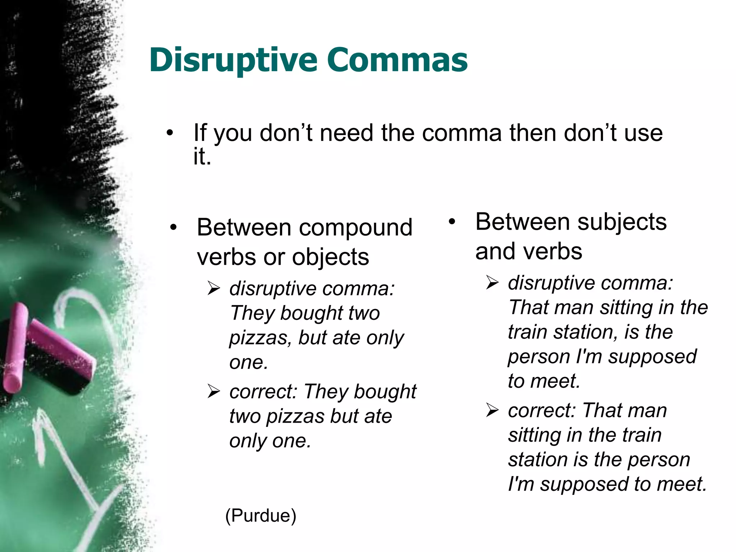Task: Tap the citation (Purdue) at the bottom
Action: click(261, 516)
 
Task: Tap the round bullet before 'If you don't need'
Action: click(170, 133)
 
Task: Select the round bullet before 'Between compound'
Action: click(174, 227)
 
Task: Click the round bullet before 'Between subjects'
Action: click(452, 222)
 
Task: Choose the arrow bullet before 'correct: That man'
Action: click(492, 410)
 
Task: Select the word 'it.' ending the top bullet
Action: click(202, 157)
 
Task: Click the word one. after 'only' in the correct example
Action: click(291, 441)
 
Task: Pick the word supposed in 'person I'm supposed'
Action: click(652, 357)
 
